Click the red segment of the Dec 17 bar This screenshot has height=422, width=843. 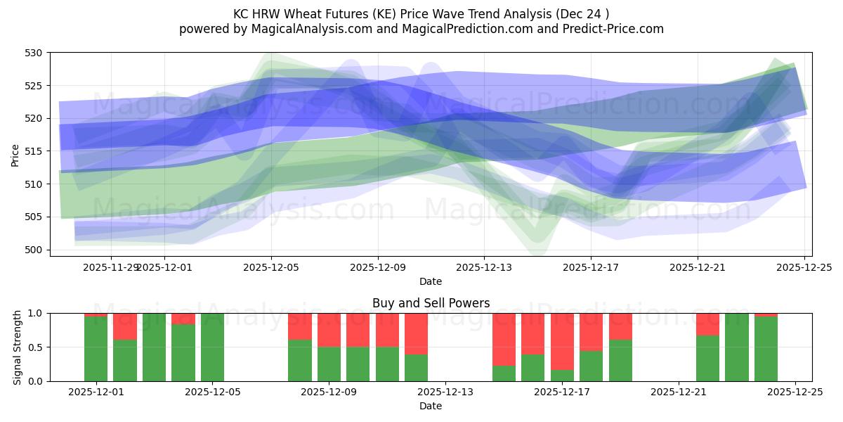562,341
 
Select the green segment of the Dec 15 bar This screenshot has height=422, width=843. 504,373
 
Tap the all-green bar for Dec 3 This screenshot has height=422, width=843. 154,347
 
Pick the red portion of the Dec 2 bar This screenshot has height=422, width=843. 125,326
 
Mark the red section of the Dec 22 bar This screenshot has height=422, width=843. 707,324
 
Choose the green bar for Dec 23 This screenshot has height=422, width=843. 737,347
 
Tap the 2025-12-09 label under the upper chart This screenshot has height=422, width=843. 378,267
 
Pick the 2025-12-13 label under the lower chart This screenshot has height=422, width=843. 445,392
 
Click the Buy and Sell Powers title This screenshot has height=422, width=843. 431,304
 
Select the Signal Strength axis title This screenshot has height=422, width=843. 18,347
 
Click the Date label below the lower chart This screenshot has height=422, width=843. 431,406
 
